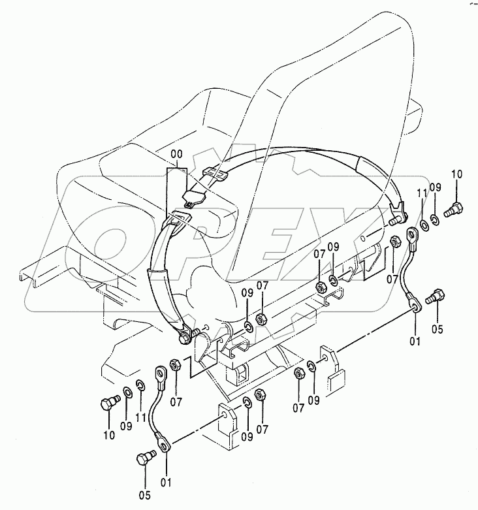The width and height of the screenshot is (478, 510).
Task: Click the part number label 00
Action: click(177, 154)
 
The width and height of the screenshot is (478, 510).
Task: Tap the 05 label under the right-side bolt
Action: click(436, 328)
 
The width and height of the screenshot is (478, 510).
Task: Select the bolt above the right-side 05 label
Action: click(434, 297)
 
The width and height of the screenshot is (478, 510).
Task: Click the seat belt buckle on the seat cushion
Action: click(193, 196)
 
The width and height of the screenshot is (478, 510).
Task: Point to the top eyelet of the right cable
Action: click(413, 234)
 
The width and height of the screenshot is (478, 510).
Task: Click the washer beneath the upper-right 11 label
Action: click(422, 225)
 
